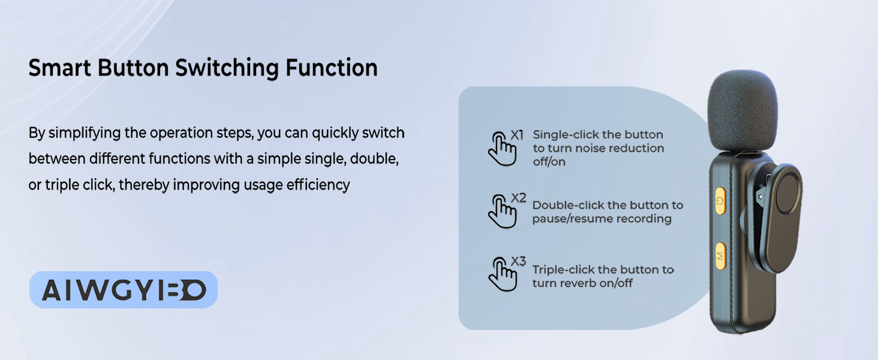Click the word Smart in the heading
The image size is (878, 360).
tap(60, 67)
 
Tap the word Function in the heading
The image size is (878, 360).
tap(331, 67)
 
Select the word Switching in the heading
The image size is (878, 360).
tap(227, 68)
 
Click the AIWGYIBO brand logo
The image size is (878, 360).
tap(124, 290)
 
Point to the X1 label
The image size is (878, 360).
tap(517, 135)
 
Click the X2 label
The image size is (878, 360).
tap(518, 198)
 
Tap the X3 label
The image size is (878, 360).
tap(518, 261)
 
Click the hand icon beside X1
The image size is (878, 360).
tap(502, 149)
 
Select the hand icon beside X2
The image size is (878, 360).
tap(502, 211)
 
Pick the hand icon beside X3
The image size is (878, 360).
tap(502, 274)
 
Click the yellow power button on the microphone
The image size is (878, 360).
tap(720, 201)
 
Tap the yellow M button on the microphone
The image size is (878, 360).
tap(720, 256)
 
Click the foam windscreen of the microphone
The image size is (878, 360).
tap(742, 112)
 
